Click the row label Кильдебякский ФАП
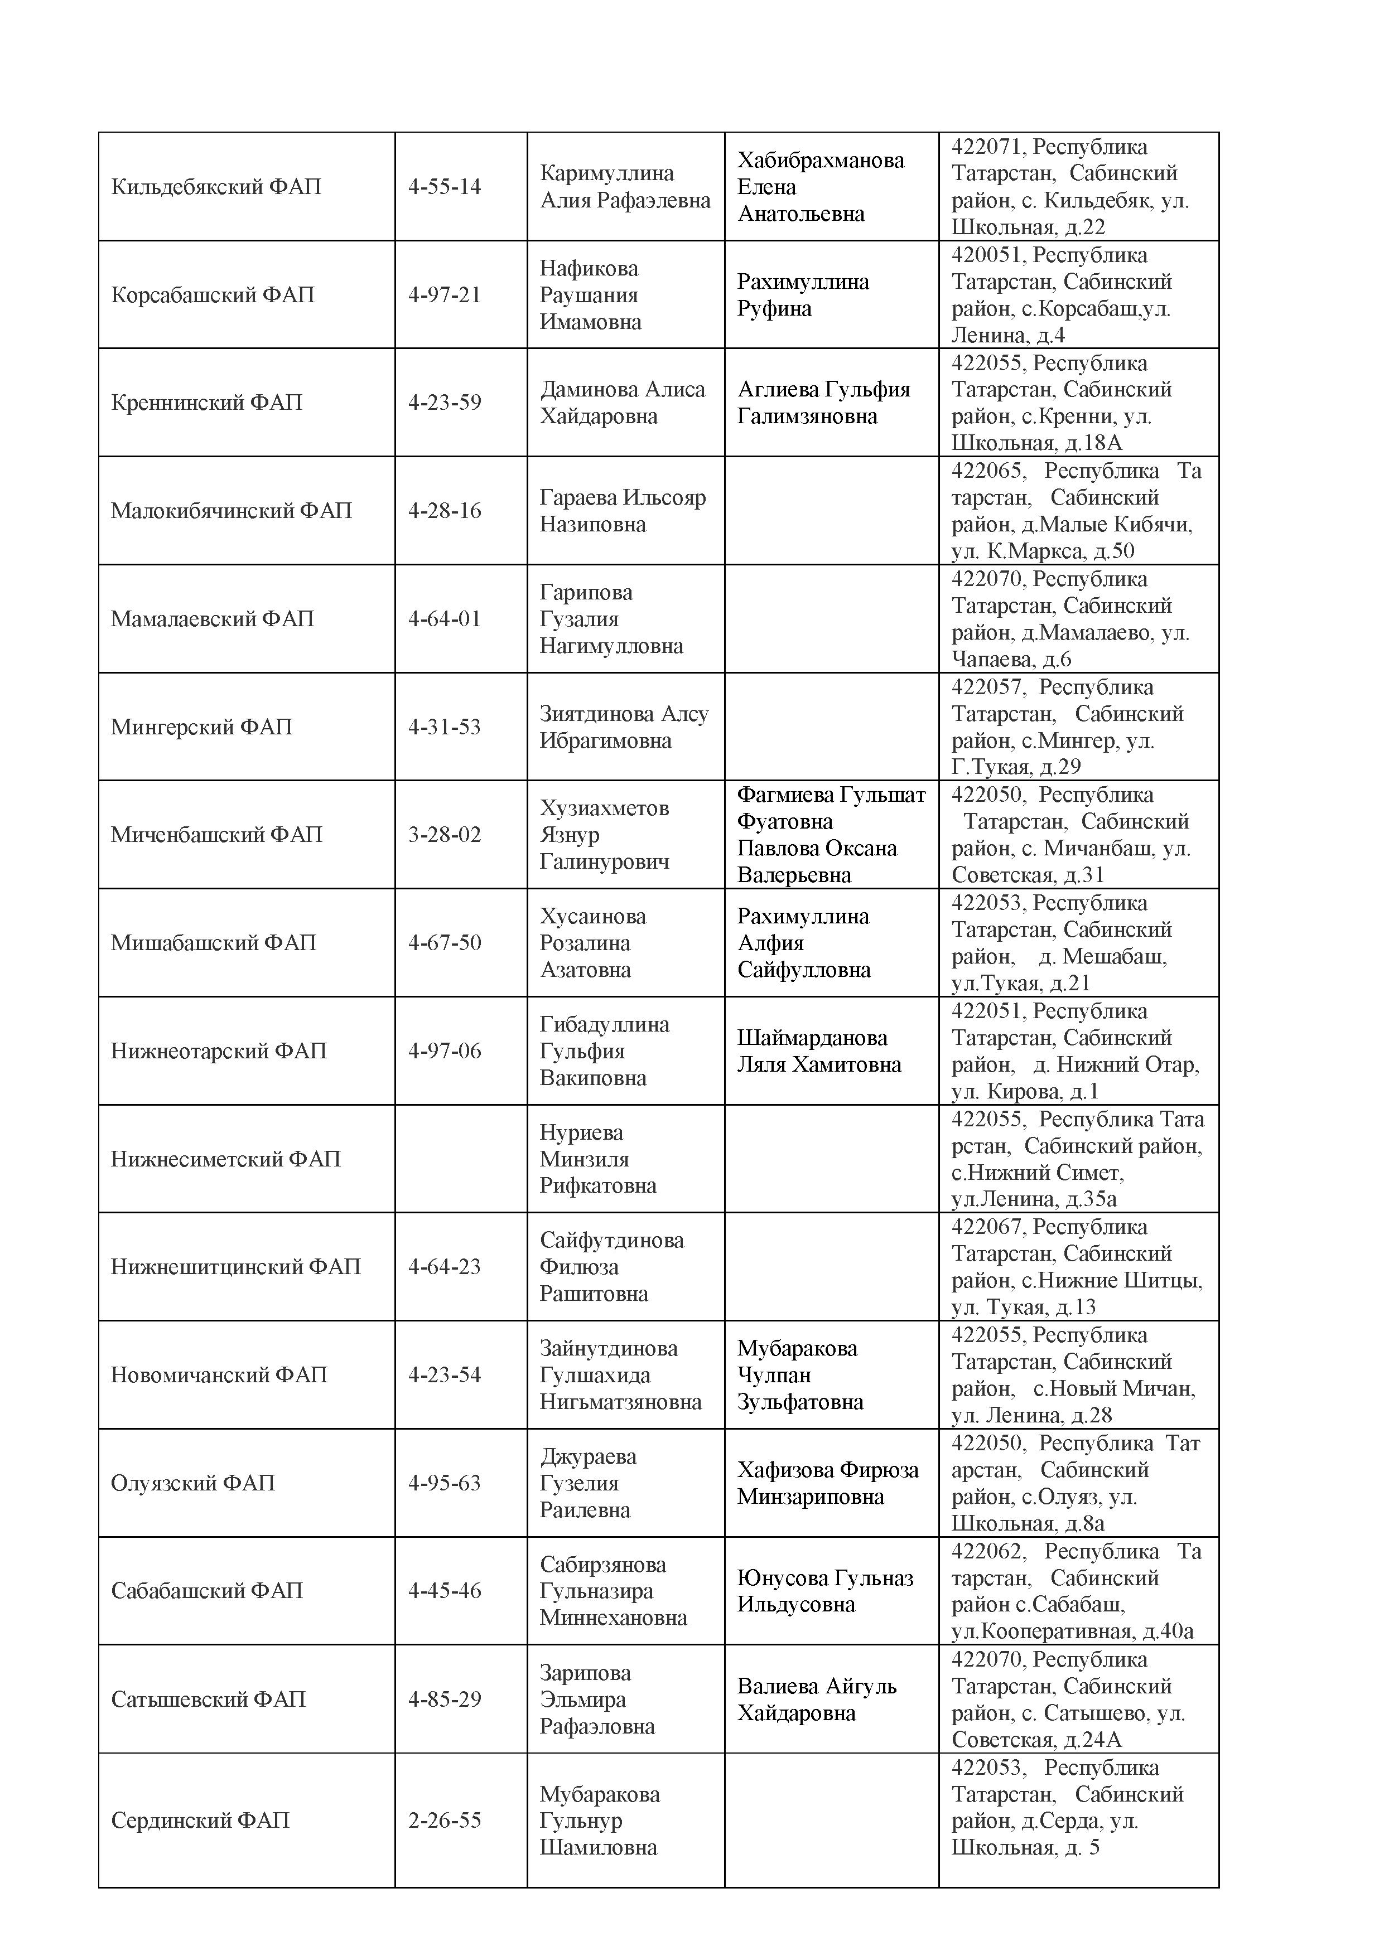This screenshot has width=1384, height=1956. (216, 187)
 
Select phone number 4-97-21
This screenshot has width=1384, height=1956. (444, 295)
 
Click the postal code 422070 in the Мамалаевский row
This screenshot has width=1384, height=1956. (988, 579)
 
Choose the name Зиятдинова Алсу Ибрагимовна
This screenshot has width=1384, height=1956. (623, 727)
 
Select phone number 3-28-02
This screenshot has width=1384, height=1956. (444, 834)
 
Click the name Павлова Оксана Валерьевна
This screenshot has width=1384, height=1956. (817, 861)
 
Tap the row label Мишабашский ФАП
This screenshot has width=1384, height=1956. (213, 942)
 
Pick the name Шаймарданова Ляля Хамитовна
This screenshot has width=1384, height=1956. (818, 1051)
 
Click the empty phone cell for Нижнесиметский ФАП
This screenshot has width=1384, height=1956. (460, 1159)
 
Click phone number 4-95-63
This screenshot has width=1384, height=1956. (444, 1483)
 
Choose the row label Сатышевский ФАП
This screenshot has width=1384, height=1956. (208, 1700)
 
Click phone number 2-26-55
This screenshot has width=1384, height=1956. (444, 1820)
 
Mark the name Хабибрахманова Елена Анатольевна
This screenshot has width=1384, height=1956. (820, 187)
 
